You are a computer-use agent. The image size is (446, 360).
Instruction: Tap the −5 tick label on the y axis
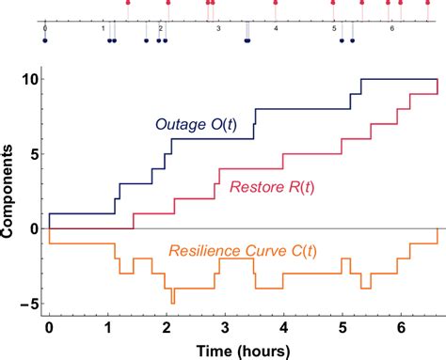[26, 304]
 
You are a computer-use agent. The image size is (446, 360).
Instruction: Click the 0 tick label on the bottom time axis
[49, 329]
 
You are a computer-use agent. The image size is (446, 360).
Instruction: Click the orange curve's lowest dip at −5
[172, 302]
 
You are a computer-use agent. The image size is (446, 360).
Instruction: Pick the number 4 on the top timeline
[276, 29]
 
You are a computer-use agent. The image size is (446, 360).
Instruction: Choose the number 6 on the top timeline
[391, 29]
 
